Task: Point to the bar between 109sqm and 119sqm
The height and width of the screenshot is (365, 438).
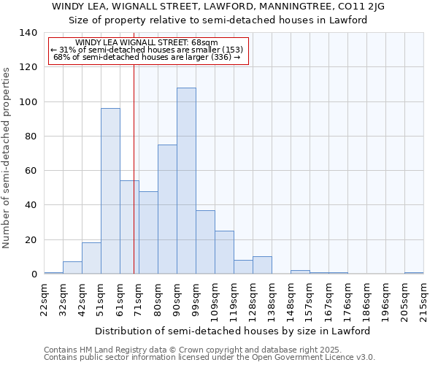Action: pyautogui.click(x=224, y=253)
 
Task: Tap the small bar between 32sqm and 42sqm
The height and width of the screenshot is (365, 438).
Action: pyautogui.click(x=72, y=268)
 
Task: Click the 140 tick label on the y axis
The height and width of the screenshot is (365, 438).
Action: pyautogui.click(x=28, y=33)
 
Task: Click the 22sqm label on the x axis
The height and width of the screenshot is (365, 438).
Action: pyautogui.click(x=45, y=299)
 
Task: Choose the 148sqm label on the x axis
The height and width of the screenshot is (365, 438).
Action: pyautogui.click(x=291, y=301)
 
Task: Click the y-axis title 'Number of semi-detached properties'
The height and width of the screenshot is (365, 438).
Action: pyautogui.click(x=7, y=157)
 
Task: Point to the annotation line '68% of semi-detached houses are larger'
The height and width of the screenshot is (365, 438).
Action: pyautogui.click(x=147, y=58)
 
